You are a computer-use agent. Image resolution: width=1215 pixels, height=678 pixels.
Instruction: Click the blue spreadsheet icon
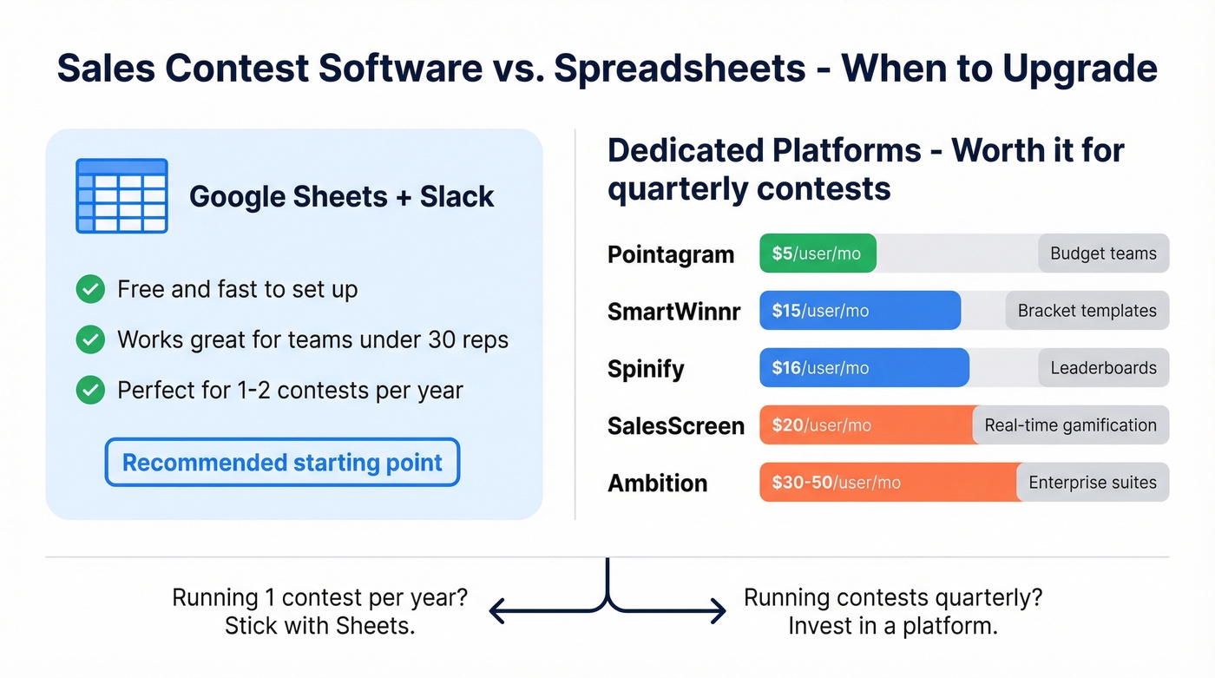point(121,196)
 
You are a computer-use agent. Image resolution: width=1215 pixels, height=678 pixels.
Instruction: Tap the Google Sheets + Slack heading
point(342,196)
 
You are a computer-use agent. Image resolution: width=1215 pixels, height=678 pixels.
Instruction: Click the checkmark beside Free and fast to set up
point(90,289)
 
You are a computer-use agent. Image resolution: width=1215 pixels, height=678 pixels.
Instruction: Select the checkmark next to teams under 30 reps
point(90,339)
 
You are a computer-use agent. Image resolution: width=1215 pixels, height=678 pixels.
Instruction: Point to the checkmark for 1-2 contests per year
point(90,391)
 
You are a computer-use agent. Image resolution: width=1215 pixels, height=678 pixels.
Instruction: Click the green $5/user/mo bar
point(818,253)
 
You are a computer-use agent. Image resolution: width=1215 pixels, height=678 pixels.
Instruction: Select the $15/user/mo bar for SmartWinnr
point(859,311)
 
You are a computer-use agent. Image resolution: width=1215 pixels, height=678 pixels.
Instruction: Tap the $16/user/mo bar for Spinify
point(864,368)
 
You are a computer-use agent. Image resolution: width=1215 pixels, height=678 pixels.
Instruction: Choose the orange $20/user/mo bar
point(865,425)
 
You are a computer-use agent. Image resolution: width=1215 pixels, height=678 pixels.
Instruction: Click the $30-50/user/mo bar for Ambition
point(889,483)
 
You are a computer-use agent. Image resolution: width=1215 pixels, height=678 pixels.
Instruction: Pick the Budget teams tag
point(1103,253)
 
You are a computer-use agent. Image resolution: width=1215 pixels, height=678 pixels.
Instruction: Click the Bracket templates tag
point(1087,311)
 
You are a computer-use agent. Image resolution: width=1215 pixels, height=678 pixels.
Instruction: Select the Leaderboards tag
point(1103,368)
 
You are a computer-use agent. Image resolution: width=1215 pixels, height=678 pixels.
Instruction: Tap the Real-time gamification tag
point(1070,425)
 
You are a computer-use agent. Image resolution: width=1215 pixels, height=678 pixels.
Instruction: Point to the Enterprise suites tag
point(1092,483)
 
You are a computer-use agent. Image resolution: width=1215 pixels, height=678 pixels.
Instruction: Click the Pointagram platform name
point(671,254)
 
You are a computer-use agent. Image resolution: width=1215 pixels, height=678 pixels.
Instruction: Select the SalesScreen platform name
point(676,426)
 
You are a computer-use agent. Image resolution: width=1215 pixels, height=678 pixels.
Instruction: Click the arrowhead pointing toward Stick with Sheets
point(497,611)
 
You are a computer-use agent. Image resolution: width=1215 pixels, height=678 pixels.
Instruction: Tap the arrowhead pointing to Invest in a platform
point(719,611)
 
